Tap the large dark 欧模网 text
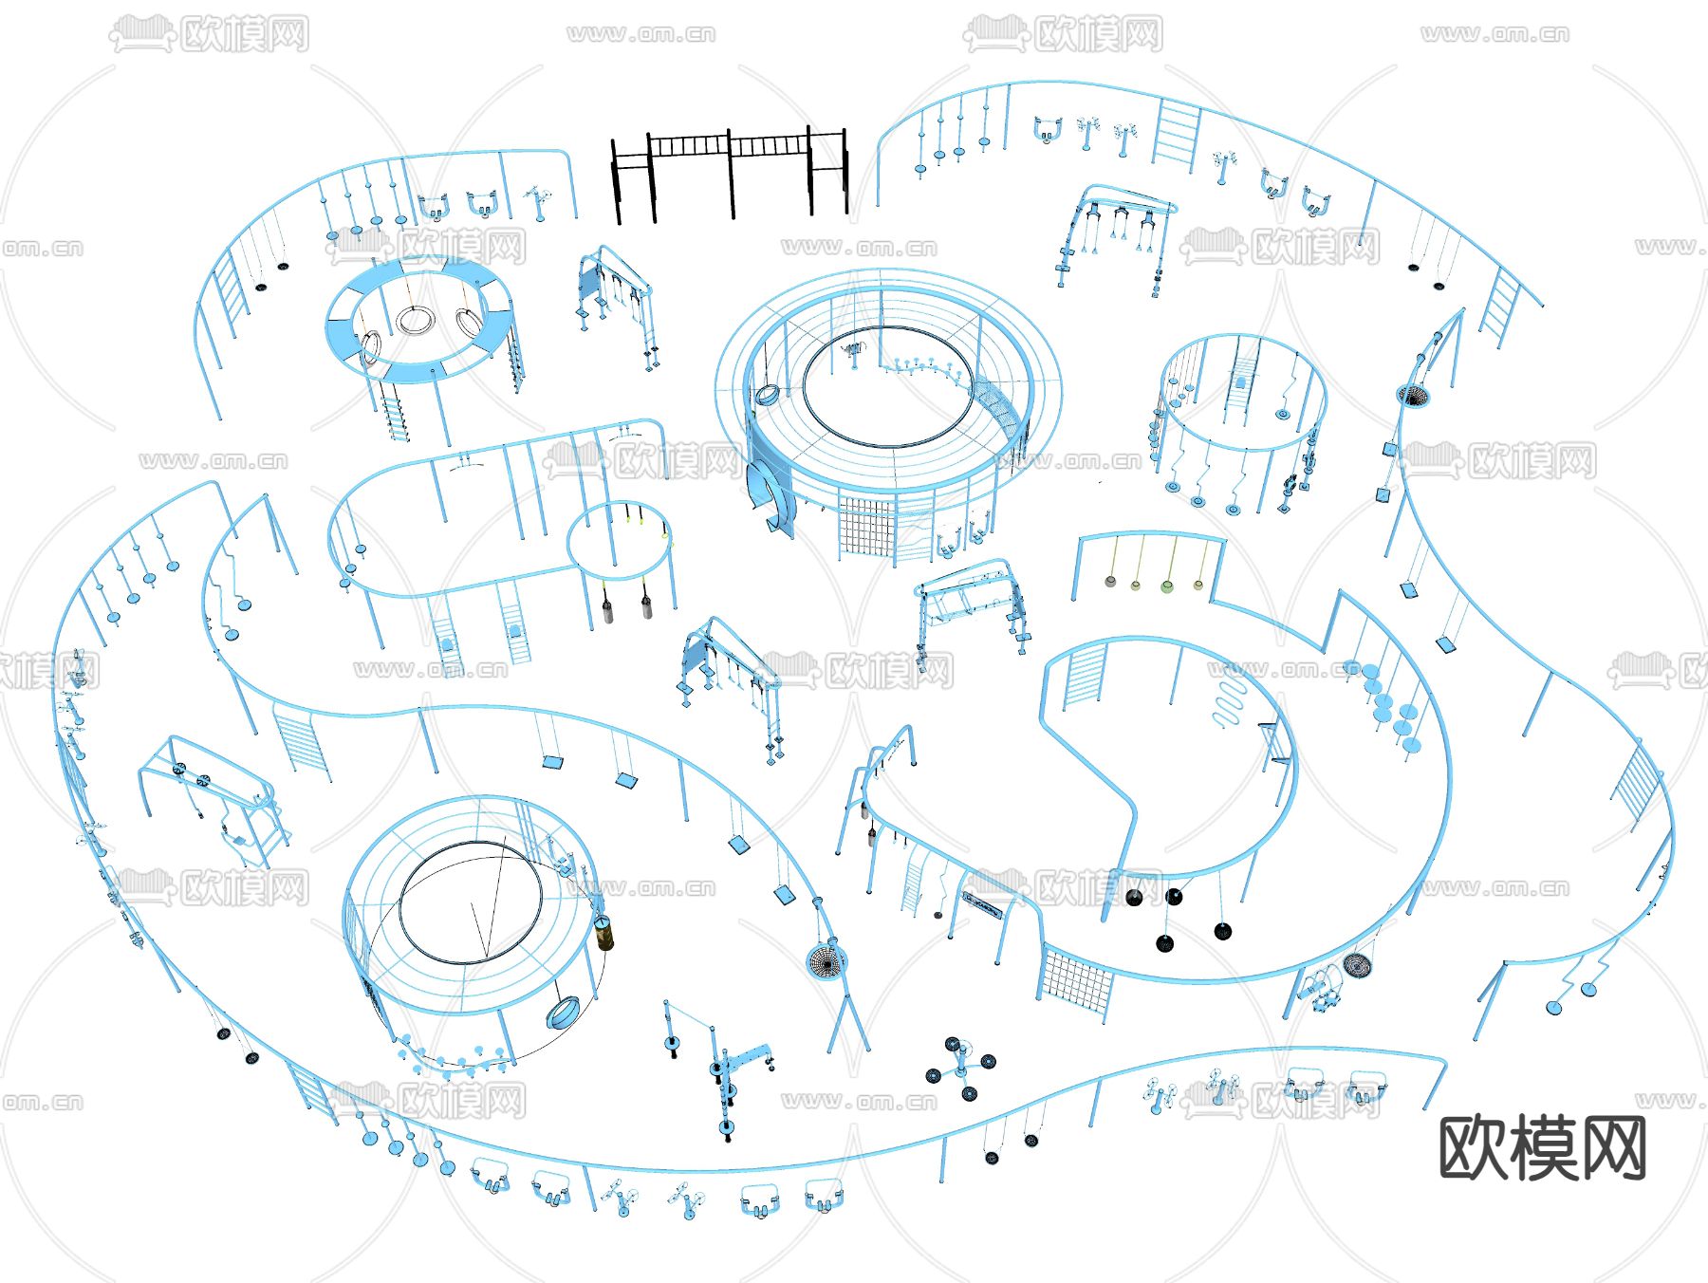click(1542, 1148)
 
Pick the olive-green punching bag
click(603, 931)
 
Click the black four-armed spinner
click(960, 1068)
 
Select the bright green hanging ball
click(1167, 586)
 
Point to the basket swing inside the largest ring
click(767, 393)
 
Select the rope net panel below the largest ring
click(865, 530)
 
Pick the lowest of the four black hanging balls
click(1164, 942)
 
